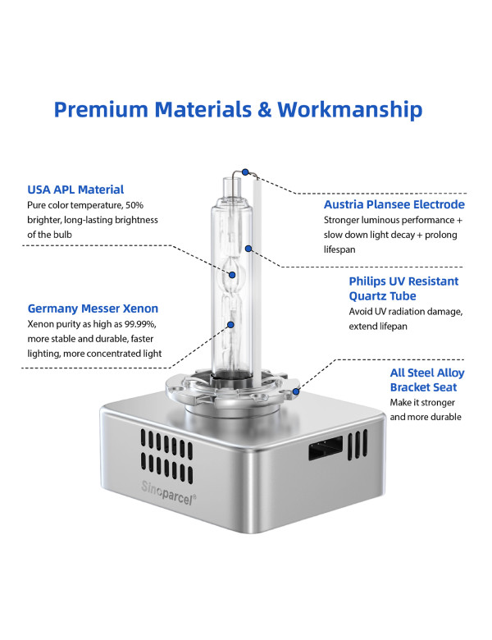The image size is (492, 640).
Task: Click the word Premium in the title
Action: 101,109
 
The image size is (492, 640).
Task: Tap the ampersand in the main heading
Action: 264,109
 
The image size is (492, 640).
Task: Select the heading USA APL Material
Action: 75,190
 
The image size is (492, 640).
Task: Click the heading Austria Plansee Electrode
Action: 394,204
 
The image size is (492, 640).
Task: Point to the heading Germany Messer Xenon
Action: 93,309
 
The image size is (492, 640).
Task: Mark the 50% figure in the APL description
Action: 134,205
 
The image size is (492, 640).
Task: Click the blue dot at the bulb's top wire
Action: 245,171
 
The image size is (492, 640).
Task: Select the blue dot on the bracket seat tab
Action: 296,391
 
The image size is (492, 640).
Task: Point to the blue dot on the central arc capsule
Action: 232,275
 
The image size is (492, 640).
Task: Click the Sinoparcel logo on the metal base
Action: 168,492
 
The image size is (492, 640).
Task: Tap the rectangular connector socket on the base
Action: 326,448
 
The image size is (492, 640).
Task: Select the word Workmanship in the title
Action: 350,109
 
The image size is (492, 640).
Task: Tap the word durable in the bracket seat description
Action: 447,417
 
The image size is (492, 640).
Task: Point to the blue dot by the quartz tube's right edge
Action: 248,248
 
